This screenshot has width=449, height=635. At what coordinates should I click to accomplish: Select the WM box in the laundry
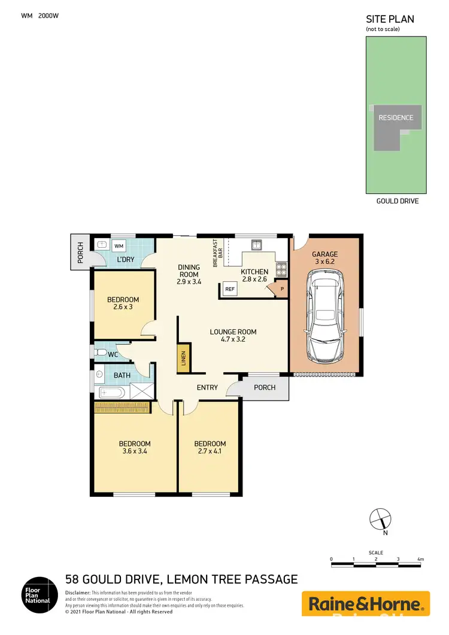(x=119, y=245)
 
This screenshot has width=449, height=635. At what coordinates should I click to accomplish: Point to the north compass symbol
(x=380, y=518)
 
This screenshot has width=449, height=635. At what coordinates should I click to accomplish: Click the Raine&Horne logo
(x=365, y=603)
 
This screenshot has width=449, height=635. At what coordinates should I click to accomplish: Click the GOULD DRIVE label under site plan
(x=397, y=201)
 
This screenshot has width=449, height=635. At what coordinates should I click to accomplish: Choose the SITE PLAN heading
(x=390, y=19)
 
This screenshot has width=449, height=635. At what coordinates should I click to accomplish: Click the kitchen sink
(x=257, y=244)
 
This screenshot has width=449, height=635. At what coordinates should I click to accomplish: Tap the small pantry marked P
(x=281, y=290)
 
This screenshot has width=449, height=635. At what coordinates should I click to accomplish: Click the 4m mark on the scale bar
(x=421, y=560)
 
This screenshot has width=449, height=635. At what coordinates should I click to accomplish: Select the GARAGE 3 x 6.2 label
(x=324, y=258)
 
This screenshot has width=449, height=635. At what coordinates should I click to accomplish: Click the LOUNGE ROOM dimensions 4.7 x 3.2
(x=233, y=339)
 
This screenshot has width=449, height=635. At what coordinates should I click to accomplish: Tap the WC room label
(x=112, y=354)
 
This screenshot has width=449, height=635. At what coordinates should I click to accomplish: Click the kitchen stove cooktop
(x=280, y=269)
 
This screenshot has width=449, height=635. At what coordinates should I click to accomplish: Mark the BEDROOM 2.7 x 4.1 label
(x=210, y=448)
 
